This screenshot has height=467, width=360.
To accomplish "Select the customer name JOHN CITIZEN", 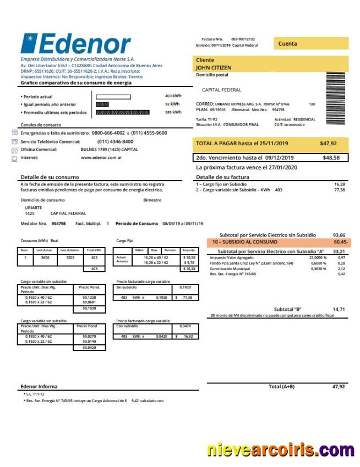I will (214, 68).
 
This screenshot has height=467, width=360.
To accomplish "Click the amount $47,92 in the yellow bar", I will (328, 144).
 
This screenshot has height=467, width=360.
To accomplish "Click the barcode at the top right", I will (336, 89).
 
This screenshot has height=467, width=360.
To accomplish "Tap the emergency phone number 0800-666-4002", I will (107, 133).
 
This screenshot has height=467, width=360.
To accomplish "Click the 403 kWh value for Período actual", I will (173, 96).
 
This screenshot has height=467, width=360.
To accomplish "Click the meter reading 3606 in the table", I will (45, 257).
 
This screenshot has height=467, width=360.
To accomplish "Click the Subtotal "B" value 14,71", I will (339, 309).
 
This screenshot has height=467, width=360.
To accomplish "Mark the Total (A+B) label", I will (281, 387).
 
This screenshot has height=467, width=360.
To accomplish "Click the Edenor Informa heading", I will (39, 386).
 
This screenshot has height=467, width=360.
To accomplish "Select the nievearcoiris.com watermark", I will (280, 449).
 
